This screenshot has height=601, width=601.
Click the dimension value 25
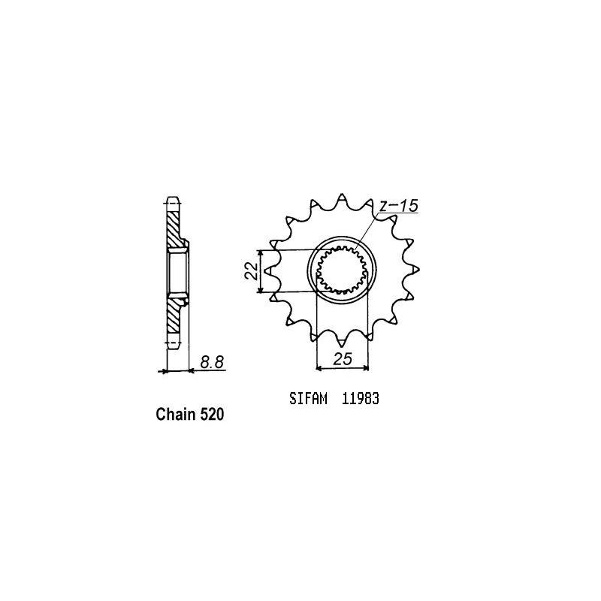tap(343, 359)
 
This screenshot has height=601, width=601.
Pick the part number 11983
tap(360, 400)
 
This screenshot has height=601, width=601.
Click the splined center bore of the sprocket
tap(341, 271)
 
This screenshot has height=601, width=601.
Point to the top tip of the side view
tap(172, 201)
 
